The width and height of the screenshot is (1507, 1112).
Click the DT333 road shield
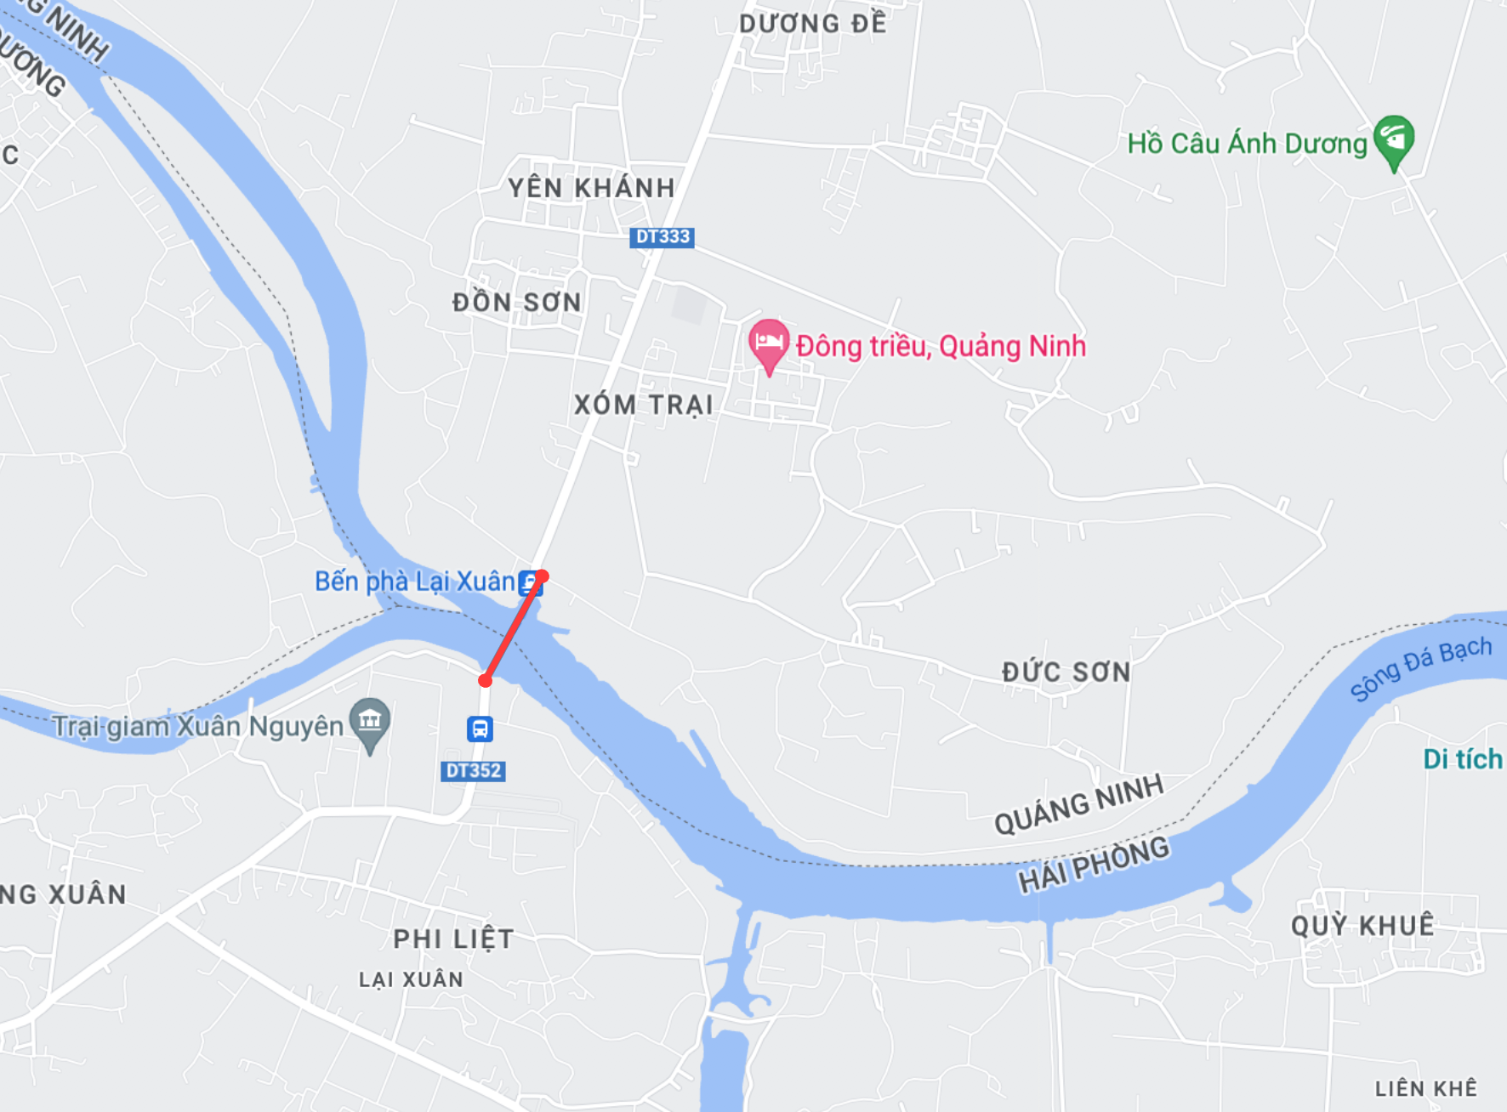[x=662, y=237]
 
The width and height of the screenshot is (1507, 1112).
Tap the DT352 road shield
[x=473, y=771]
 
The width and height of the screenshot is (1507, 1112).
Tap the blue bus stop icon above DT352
[x=480, y=729]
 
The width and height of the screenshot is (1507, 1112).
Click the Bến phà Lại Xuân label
[x=415, y=582]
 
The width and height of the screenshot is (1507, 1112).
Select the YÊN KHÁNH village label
[x=591, y=188]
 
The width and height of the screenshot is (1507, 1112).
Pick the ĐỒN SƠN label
[x=516, y=302]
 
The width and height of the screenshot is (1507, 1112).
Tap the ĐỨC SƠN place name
[x=1066, y=672]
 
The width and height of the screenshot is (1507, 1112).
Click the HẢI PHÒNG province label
[x=1094, y=863]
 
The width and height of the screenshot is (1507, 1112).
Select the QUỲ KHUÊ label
[x=1362, y=925]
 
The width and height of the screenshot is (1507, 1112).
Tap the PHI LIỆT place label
[x=453, y=939]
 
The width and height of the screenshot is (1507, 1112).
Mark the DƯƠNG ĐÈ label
[x=812, y=23]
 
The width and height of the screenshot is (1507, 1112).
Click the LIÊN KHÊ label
[x=1426, y=1088]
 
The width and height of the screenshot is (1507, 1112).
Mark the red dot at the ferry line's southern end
[x=485, y=680]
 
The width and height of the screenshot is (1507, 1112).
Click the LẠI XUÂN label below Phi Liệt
[x=411, y=979]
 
